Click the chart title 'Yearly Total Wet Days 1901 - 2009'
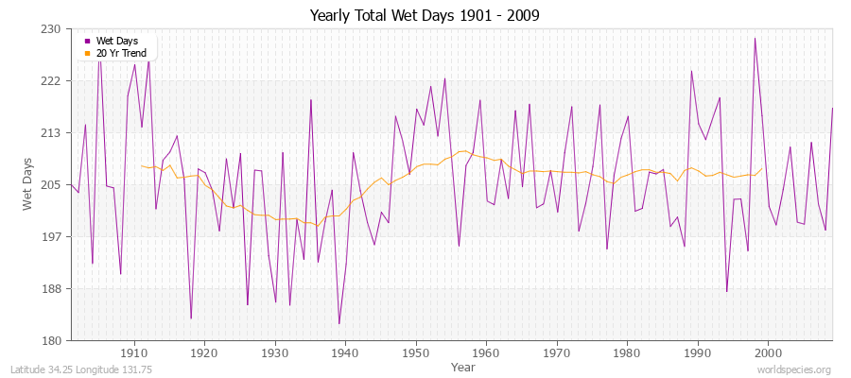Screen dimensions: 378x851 (x=425, y=16)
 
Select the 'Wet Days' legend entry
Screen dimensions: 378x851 (x=116, y=41)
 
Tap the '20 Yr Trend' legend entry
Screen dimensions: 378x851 (x=121, y=53)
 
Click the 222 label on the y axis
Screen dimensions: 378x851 (x=51, y=81)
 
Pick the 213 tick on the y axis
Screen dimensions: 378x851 (x=51, y=133)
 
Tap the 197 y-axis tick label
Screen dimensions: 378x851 (x=51, y=237)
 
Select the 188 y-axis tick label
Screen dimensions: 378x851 (x=51, y=289)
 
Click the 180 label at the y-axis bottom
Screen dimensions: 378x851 (x=51, y=340)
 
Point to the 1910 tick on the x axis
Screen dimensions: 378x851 (x=134, y=352)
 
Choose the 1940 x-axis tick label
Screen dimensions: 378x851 (x=345, y=352)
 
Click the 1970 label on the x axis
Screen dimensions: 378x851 (x=556, y=352)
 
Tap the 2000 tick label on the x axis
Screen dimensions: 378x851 (x=768, y=352)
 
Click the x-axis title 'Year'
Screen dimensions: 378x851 (x=462, y=367)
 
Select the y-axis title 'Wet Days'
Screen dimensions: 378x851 (x=28, y=184)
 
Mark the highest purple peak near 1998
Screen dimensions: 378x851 (x=755, y=38)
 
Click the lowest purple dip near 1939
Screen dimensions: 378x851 (x=339, y=324)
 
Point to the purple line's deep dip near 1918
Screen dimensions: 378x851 (x=191, y=318)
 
